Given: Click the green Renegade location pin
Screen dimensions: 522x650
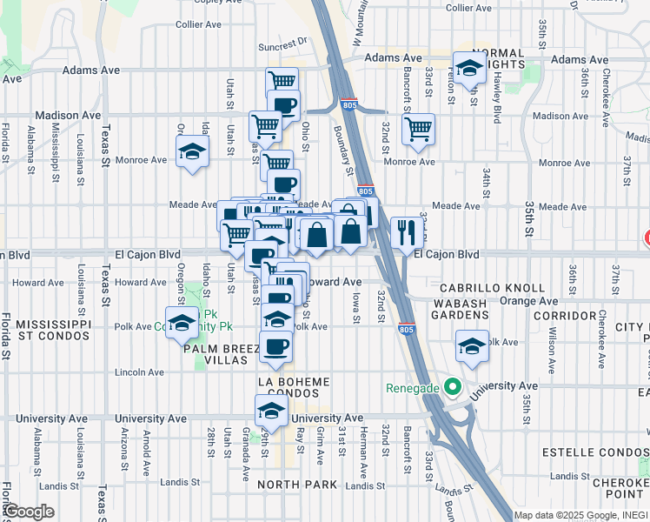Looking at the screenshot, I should (451, 385).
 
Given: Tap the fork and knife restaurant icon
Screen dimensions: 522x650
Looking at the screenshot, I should (407, 231).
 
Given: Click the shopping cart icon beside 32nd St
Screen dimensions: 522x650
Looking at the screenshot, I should (419, 129).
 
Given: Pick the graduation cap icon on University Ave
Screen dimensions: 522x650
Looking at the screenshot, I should (271, 411).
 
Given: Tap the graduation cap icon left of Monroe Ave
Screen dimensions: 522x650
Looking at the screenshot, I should (193, 152).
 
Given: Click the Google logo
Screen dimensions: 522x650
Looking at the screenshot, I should (29, 512).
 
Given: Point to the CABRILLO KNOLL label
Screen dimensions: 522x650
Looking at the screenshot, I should (492, 288).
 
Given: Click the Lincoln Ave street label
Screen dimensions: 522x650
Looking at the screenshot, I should (139, 372).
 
